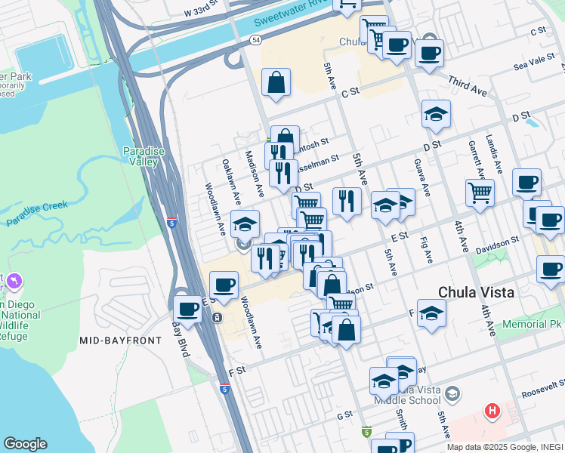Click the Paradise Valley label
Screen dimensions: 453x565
coord(144,156)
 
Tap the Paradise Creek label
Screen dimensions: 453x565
coord(37,214)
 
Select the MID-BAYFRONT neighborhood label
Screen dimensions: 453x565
coord(121,341)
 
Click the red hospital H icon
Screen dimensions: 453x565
coord(492,411)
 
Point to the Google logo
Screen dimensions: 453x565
coord(25,444)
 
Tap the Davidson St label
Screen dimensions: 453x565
coord(497,242)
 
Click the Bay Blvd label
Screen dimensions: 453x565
coord(179,327)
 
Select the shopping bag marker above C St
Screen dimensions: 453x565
coord(276,82)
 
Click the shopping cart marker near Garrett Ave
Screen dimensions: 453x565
coord(480,193)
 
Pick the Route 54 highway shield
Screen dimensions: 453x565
coord(258,39)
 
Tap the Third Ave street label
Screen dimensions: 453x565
coord(468,85)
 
